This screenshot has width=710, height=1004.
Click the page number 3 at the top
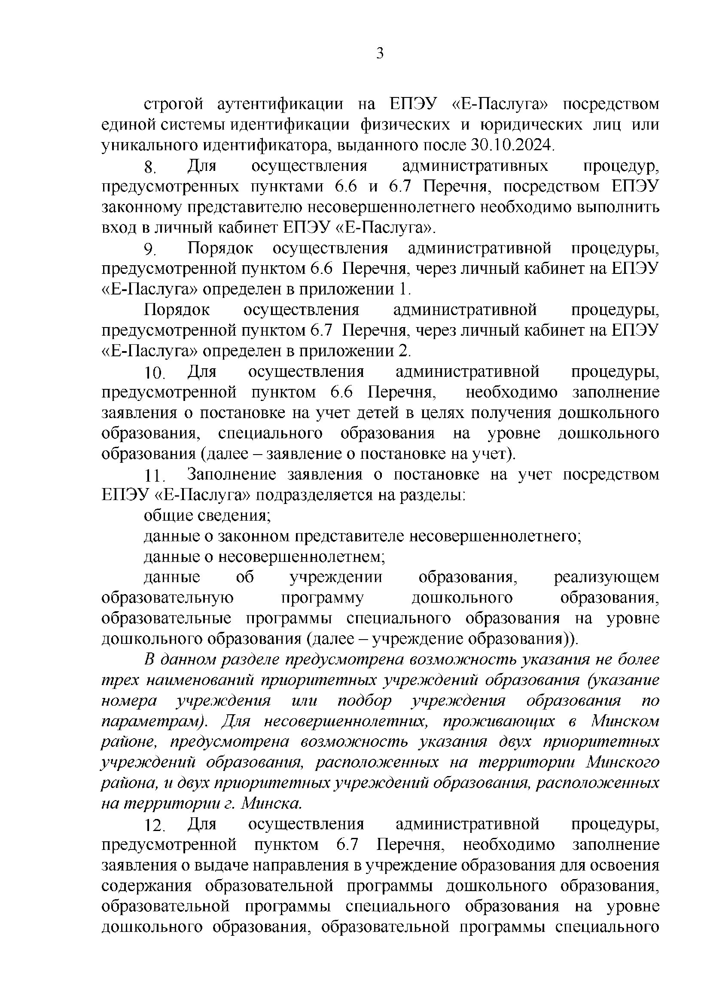tap(380, 54)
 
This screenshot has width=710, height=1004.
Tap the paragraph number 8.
tap(150, 167)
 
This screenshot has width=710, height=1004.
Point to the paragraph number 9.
tap(150, 249)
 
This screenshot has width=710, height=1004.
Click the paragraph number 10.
tap(155, 373)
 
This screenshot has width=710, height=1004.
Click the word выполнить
tap(618, 207)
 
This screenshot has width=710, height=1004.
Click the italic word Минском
tap(625, 721)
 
